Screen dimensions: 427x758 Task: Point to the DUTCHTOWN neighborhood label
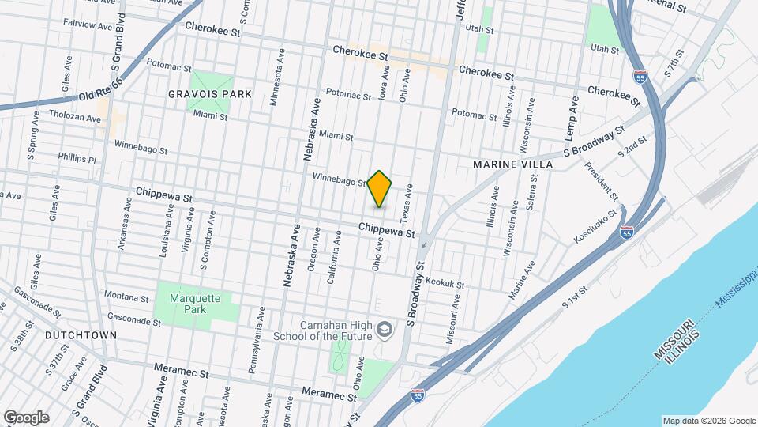(x=81, y=335)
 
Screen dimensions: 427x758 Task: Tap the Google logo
(x=26, y=418)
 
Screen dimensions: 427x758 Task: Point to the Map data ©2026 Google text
(x=708, y=421)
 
